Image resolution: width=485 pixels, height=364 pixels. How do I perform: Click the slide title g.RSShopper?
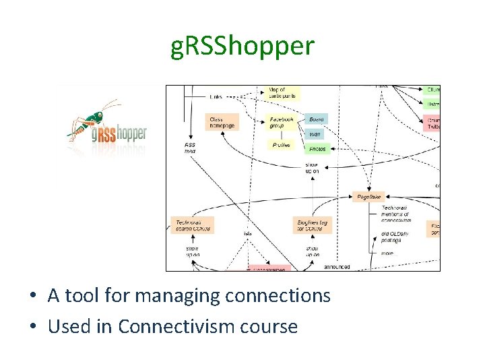(242, 46)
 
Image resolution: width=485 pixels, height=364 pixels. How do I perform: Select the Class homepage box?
(222, 122)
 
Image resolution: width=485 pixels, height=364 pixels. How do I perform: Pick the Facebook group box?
(282, 122)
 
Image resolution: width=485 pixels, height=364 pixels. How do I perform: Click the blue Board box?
(317, 119)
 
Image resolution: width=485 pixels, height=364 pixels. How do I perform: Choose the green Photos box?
(317, 148)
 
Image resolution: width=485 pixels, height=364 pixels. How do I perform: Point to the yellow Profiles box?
(282, 145)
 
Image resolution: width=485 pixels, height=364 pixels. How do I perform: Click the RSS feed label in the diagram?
(190, 148)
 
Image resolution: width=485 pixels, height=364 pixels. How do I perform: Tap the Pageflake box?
(370, 197)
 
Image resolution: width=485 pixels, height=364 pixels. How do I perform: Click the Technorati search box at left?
(193, 225)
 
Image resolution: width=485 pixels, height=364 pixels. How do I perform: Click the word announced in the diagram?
(337, 267)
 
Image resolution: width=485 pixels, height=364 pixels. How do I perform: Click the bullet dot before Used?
(32, 327)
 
